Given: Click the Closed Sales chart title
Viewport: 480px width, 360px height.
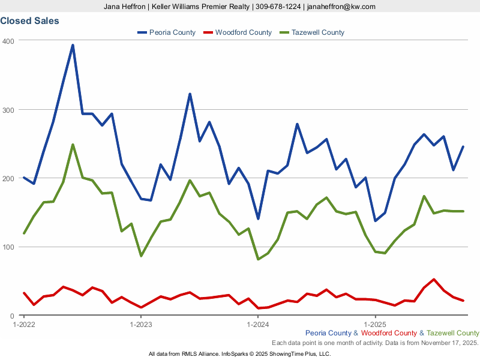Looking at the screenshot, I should pos(29,21).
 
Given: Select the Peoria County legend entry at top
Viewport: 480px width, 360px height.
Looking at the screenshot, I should pos(172,32).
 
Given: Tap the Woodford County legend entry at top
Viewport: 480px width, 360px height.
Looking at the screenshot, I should pos(243,32).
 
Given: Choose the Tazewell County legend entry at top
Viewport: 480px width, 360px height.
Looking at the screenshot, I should pos(317,32).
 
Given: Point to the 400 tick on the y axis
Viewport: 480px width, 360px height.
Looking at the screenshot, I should pos(8,41).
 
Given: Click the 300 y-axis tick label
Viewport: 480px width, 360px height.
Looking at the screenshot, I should pos(8,110).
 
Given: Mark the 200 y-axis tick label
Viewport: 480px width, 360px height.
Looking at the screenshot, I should pos(8,179).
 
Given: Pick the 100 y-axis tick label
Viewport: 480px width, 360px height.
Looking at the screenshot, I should pos(8,247).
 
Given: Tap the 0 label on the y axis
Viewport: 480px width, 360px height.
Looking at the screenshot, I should pos(11,316).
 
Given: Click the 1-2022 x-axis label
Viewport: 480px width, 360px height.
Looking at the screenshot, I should pos(23,325).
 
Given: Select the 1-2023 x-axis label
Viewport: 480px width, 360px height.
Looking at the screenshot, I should pos(141,325).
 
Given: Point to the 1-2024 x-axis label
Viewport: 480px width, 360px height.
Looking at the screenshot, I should pos(258,325).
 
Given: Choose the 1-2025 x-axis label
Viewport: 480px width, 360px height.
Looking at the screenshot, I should pos(376,325).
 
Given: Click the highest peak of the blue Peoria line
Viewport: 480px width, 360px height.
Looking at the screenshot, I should pos(73,45).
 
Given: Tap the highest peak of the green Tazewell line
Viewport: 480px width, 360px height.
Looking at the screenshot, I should pos(73,145).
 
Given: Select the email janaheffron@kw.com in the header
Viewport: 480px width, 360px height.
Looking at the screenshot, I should pos(340,7).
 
